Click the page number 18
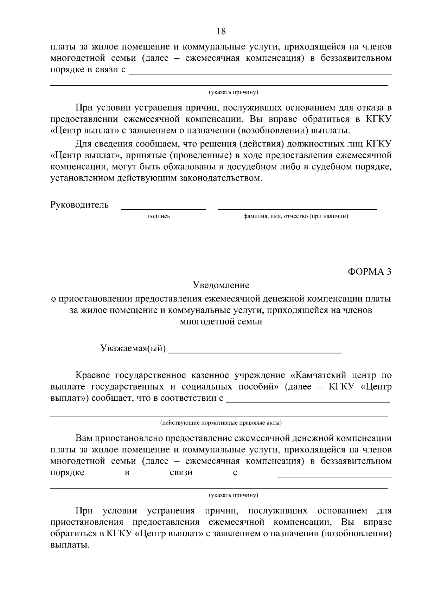tap(221, 31)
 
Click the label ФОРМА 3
tap(369, 271)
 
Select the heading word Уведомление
tap(221, 285)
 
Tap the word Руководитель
tap(79, 205)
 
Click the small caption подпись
tap(159, 216)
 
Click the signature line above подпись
tap(163, 209)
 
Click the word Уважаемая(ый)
tap(133, 348)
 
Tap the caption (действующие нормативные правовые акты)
tap(221, 423)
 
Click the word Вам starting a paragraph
tap(83, 438)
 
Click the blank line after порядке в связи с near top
tap(260, 73)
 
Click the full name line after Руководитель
tap(297, 209)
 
